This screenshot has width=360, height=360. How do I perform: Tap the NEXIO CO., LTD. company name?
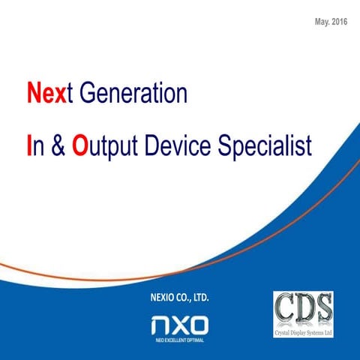pyautogui.click(x=180, y=298)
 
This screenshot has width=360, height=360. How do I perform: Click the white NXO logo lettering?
pyautogui.click(x=180, y=325)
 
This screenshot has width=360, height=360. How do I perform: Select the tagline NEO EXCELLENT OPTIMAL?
pyautogui.click(x=180, y=340)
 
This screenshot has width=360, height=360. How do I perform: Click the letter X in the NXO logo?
pyautogui.click(x=180, y=325)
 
